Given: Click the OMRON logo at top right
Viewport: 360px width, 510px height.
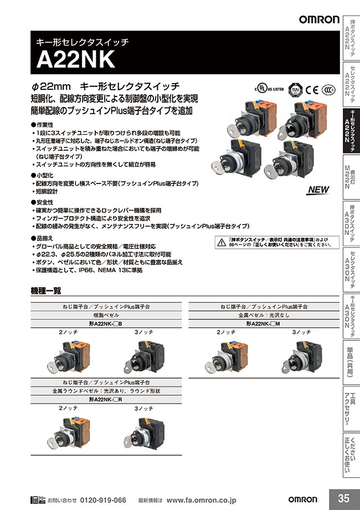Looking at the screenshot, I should point(319,19).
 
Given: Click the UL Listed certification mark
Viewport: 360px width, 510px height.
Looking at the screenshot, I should point(269,89).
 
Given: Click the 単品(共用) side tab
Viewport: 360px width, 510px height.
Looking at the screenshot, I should point(350,363).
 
